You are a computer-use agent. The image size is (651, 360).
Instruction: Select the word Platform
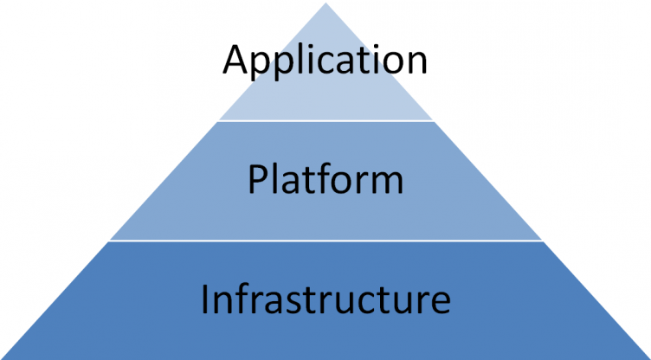[x=325, y=181]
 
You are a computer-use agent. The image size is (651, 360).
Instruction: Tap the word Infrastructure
[x=325, y=299]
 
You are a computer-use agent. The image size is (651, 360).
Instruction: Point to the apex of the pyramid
[x=325, y=5]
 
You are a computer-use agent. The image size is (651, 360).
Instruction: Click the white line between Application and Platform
[x=325, y=120]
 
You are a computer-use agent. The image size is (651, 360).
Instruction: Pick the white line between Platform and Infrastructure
[x=325, y=241]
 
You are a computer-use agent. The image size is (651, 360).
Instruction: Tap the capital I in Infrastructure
[x=206, y=299]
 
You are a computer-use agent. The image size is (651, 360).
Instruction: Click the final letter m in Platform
[x=387, y=183]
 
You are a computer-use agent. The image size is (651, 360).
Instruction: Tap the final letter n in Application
[x=416, y=64]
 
